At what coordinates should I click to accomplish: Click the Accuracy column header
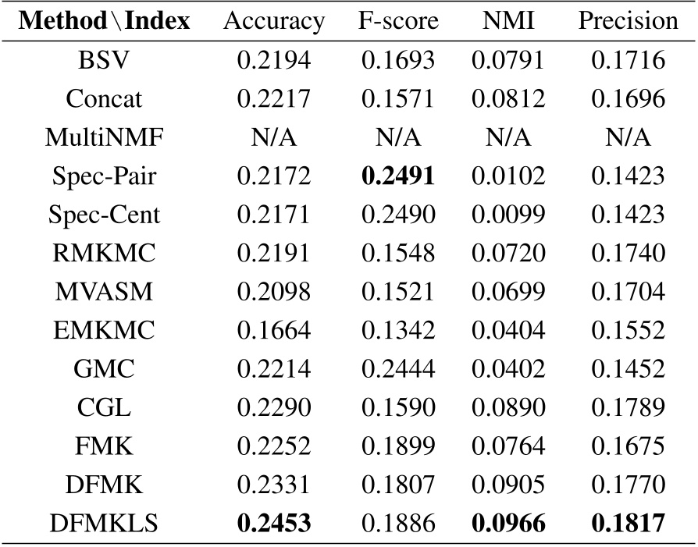click(274, 22)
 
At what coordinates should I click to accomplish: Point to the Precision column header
click(628, 22)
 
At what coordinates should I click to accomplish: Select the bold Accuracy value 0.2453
click(274, 525)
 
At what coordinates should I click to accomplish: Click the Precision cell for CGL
click(628, 409)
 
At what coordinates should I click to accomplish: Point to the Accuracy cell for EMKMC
click(274, 332)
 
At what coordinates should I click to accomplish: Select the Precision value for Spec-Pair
click(628, 177)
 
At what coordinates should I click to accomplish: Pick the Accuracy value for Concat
click(274, 99)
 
